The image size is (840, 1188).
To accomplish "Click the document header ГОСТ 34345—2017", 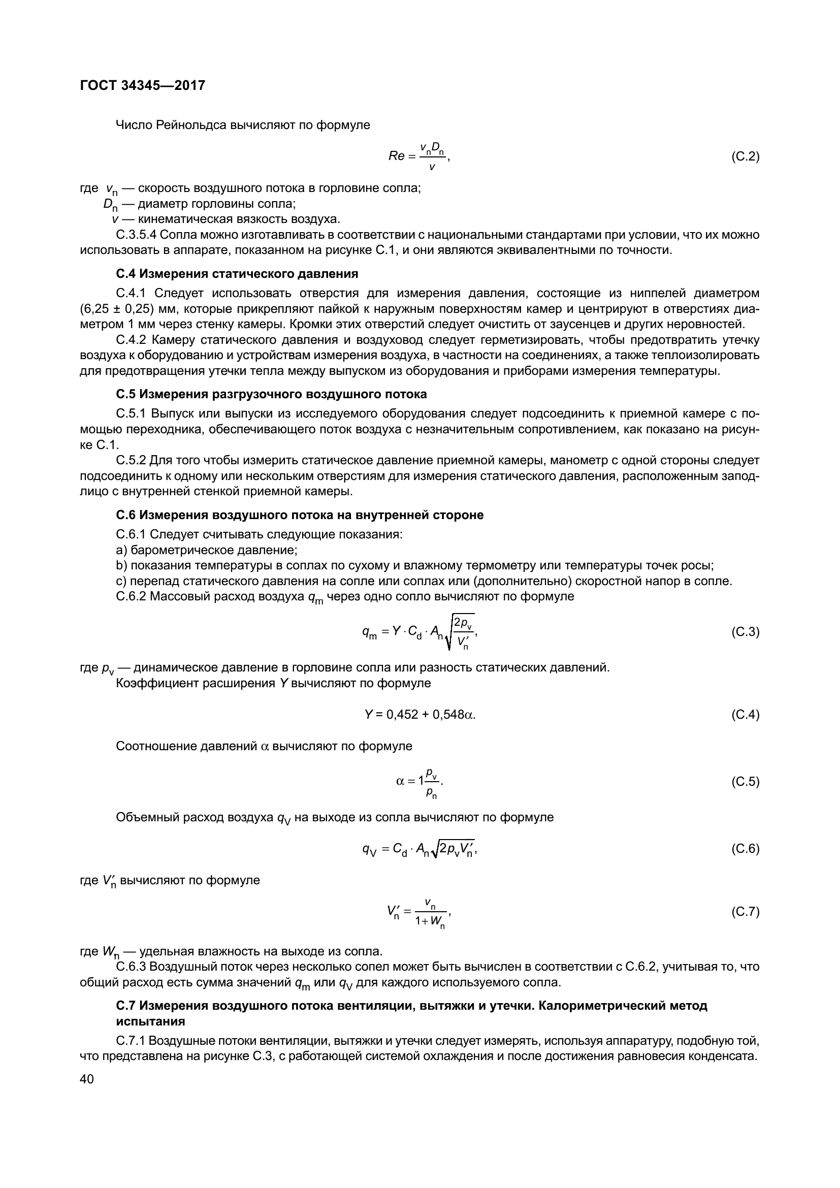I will click(x=143, y=85).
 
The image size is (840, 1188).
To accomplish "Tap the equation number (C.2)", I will click(x=745, y=156).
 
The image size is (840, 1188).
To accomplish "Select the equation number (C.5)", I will click(x=745, y=781).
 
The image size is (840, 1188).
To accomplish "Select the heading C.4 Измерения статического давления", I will click(x=237, y=273).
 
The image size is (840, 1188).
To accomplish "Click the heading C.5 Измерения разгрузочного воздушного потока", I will click(x=271, y=394).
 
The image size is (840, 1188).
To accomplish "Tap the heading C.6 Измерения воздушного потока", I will click(x=300, y=515).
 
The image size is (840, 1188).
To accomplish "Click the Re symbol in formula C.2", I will click(x=396, y=156).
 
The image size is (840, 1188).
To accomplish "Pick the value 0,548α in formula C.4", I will click(x=453, y=715).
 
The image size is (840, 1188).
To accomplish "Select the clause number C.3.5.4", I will click(x=136, y=235).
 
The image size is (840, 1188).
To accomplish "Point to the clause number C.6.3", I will click(x=132, y=967).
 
